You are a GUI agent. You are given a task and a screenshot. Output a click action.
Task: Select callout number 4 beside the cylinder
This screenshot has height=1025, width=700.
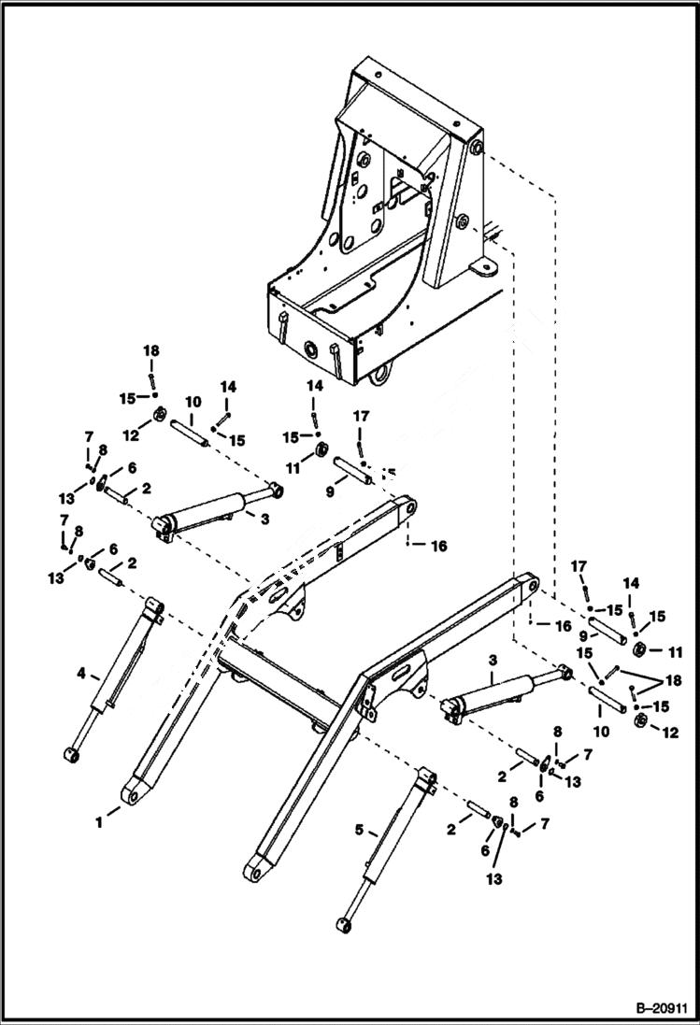tap(82, 672)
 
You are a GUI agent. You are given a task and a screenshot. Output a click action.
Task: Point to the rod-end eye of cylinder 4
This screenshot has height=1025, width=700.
tap(71, 754)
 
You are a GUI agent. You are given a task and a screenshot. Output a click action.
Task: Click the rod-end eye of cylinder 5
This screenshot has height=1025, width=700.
tap(343, 924)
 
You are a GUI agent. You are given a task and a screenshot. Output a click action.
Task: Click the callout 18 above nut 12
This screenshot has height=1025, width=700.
tap(151, 350)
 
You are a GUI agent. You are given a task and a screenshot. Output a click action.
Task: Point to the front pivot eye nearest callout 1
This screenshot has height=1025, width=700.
tap(132, 795)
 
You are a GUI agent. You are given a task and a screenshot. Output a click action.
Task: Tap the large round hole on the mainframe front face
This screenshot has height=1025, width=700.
tap(305, 351)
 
